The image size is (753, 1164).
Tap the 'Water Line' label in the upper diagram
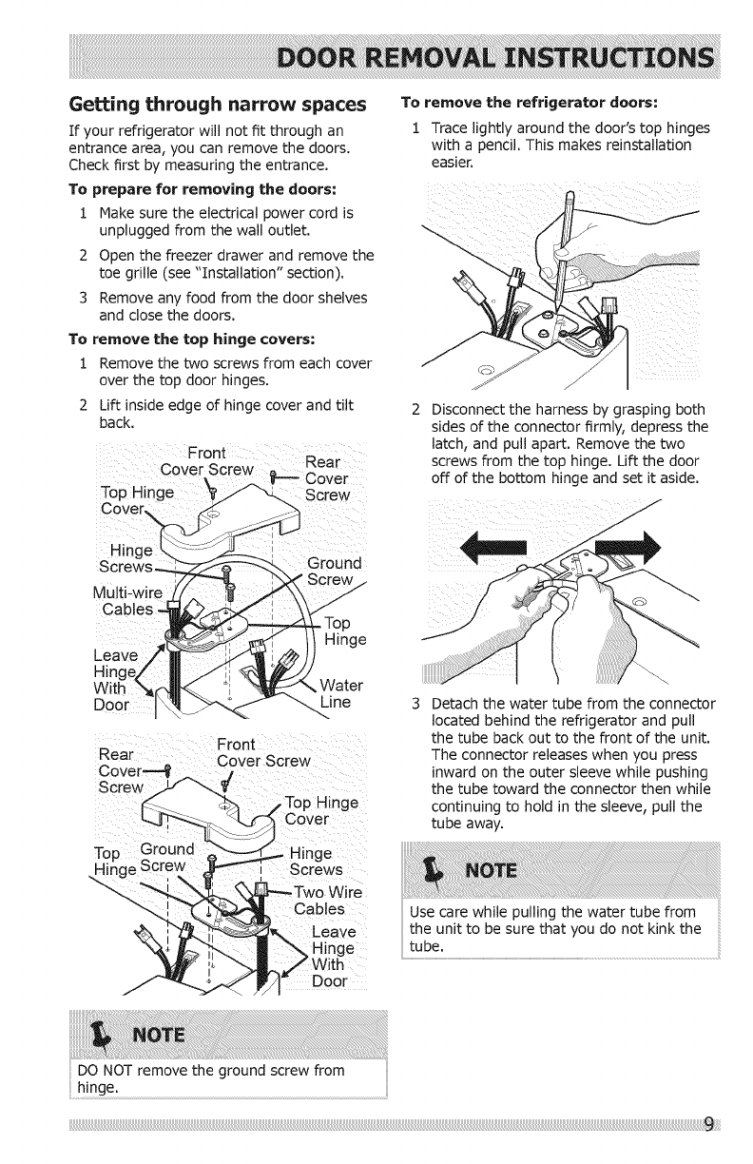[327, 693]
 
